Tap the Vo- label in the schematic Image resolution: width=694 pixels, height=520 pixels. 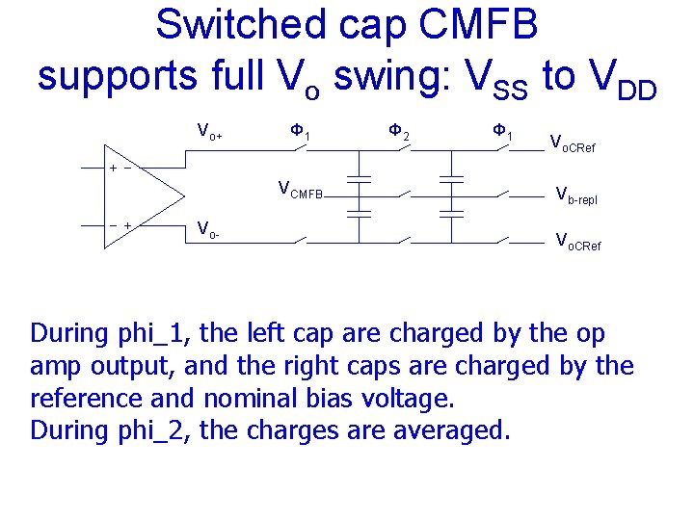[205, 229]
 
